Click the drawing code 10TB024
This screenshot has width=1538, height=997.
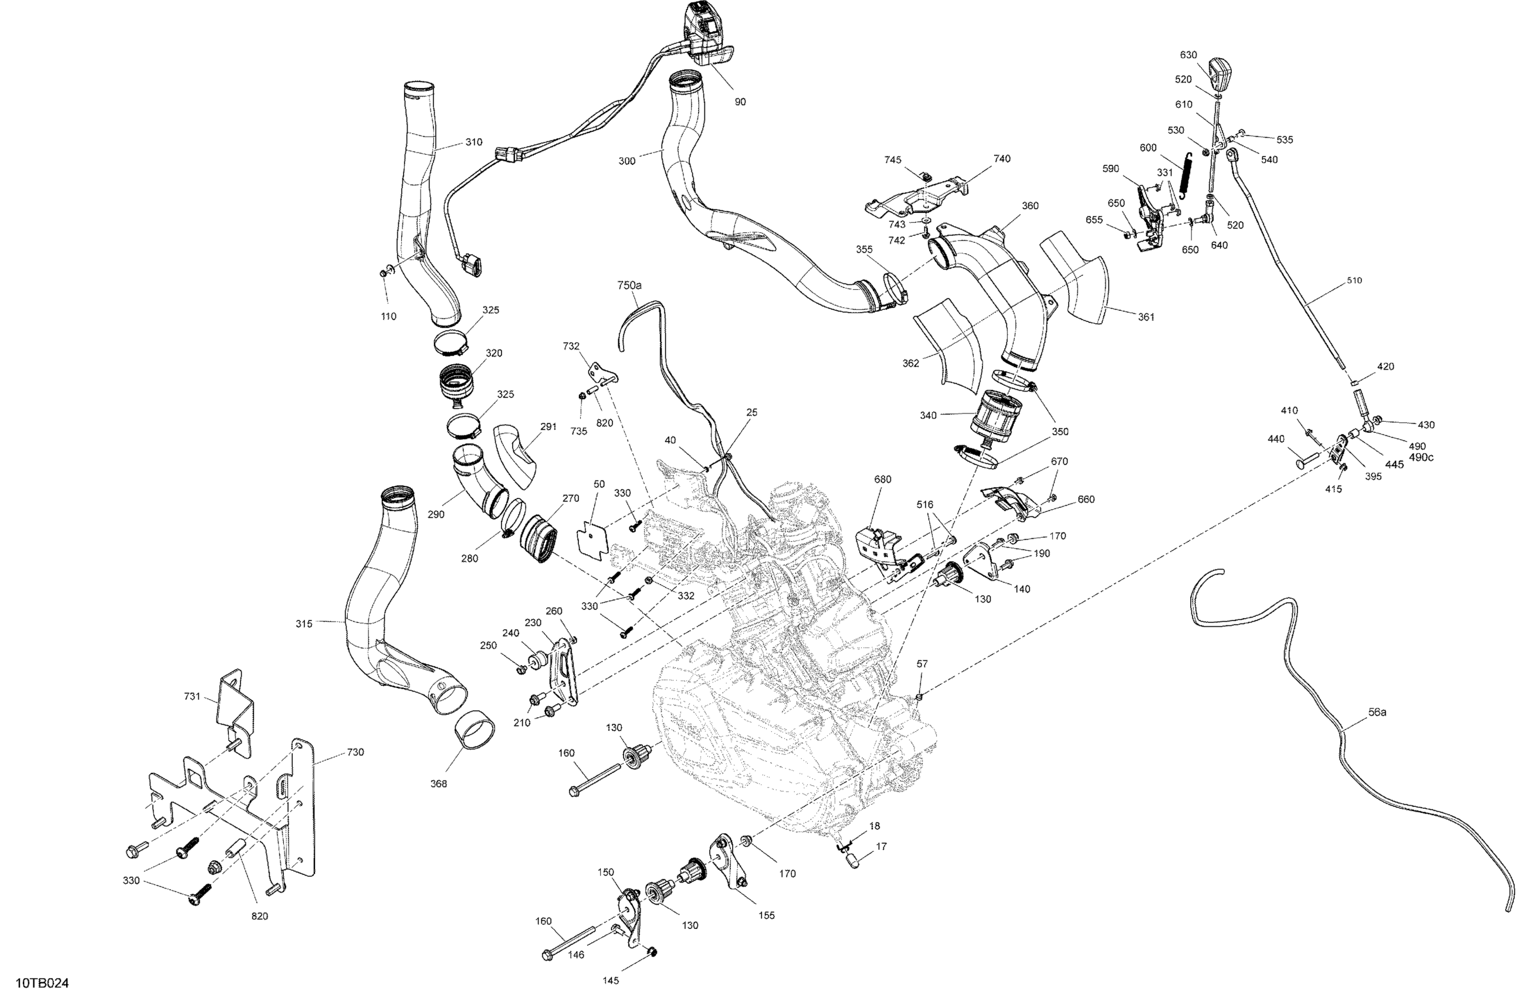click(42, 984)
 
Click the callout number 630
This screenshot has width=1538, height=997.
click(1188, 55)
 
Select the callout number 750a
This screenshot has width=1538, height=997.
click(629, 285)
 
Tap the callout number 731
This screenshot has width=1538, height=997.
click(192, 696)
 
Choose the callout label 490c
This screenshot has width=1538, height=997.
click(1421, 457)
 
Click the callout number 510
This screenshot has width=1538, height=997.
click(1354, 280)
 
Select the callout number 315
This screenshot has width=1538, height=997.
click(304, 623)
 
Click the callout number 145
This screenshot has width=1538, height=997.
click(611, 980)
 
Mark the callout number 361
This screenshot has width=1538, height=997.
click(1146, 317)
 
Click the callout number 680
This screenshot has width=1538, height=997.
click(883, 479)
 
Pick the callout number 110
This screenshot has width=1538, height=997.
click(388, 316)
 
